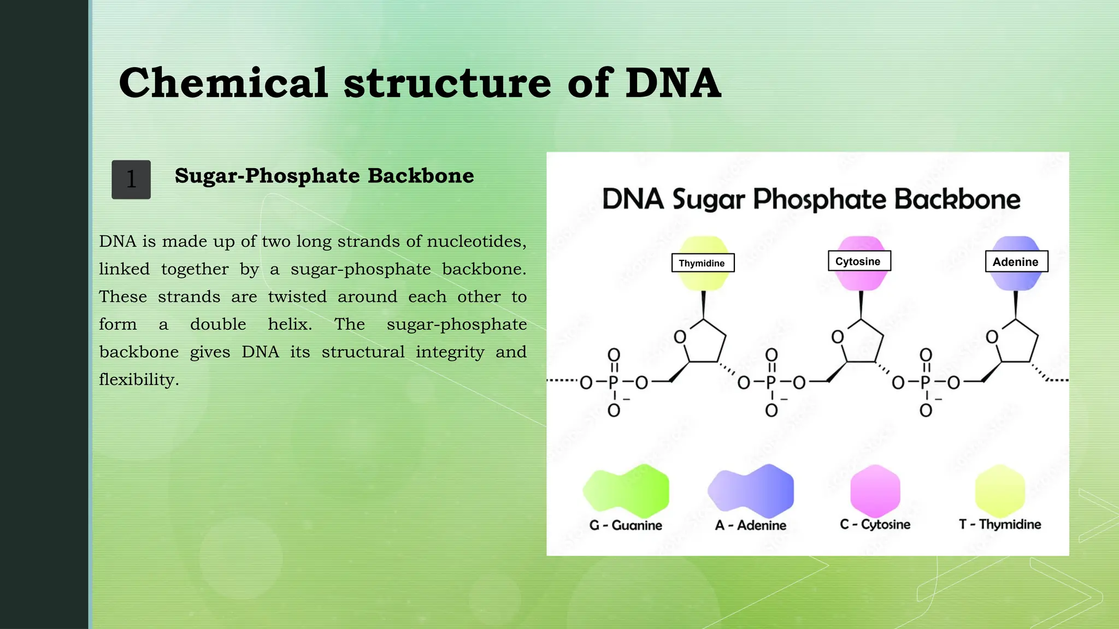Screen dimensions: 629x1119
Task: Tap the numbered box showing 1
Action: coord(131,180)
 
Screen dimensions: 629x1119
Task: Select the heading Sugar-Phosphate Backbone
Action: coord(324,176)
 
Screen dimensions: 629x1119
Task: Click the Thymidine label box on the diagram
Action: coord(702,263)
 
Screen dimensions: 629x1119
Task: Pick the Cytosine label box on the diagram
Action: coord(859,261)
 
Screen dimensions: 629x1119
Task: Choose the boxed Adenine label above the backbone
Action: coord(1016,262)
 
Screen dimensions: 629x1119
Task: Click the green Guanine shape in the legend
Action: coord(626,490)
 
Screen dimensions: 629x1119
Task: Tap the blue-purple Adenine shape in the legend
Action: coord(751,490)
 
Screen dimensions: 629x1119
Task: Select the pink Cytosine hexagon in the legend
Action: coord(875,490)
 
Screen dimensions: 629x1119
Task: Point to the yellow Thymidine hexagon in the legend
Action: coord(1000,490)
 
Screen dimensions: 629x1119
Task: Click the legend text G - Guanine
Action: coord(626,525)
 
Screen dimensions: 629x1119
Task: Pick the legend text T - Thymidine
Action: coord(1000,524)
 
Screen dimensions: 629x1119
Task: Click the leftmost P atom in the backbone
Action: coord(614,382)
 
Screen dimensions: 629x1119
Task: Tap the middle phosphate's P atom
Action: coord(771,382)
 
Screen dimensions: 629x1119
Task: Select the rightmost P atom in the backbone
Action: coord(925,382)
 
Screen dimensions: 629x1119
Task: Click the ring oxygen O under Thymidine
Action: coord(680,337)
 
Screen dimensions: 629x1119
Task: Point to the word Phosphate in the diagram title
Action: coord(820,199)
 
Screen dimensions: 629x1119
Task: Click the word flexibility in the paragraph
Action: coord(138,379)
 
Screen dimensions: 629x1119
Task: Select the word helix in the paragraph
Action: coord(290,324)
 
